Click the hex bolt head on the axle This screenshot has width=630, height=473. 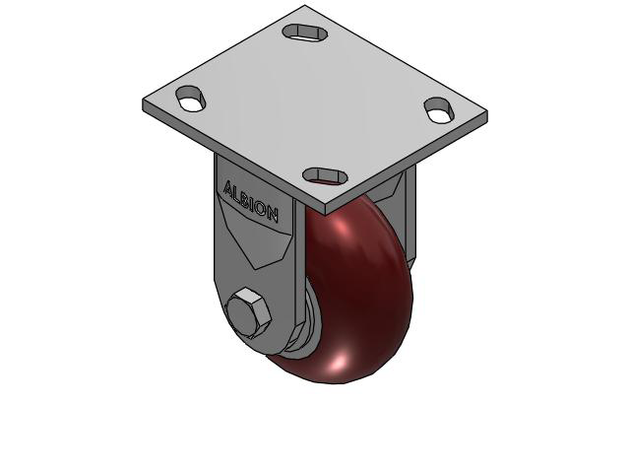[x=247, y=314]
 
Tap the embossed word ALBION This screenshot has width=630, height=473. [x=251, y=200]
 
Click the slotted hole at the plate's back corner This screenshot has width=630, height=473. [x=306, y=32]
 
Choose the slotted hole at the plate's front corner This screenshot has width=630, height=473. [x=325, y=175]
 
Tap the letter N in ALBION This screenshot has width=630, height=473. [x=273, y=214]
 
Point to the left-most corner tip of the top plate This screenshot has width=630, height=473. [x=145, y=103]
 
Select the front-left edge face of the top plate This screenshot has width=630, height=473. [x=231, y=158]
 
